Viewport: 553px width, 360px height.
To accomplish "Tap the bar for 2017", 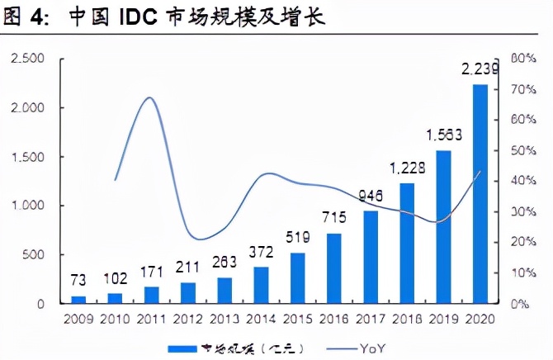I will click(371, 257).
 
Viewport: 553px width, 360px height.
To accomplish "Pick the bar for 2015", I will click(297, 277).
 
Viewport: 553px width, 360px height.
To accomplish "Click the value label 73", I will click(78, 282).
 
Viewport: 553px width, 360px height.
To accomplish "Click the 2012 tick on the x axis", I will click(187, 318).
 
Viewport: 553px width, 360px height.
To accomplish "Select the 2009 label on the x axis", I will click(78, 318).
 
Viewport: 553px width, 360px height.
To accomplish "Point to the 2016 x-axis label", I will click(333, 318).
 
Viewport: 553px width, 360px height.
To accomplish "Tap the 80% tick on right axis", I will click(524, 59).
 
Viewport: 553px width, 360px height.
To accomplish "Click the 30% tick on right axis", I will click(524, 212).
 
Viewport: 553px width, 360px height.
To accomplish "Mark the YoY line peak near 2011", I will click(149, 97).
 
